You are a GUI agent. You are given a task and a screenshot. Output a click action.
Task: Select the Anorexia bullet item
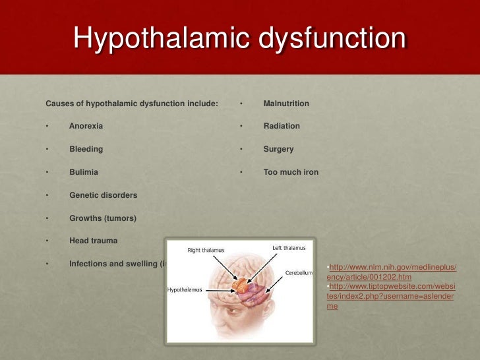coord(86,126)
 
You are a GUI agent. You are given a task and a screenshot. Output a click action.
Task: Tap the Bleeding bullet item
coord(86,149)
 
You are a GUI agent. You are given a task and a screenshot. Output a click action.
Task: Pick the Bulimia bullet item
coord(84,172)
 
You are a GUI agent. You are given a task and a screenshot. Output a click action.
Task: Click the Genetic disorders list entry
coord(103,195)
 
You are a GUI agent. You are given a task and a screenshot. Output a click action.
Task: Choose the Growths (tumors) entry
coord(103,218)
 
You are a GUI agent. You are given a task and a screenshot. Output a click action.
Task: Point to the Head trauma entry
coord(93,241)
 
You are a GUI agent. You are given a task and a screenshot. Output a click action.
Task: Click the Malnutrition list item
coord(286,104)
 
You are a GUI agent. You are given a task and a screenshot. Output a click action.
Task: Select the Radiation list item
coord(282,126)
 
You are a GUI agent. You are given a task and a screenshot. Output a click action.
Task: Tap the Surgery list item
coord(278,149)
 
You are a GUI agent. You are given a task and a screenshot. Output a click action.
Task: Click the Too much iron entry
coord(291,172)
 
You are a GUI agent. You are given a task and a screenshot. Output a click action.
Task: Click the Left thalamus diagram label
coord(289,248)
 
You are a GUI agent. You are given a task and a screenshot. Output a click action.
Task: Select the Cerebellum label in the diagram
coord(299,272)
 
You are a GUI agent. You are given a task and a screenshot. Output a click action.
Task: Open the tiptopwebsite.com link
coord(391,292)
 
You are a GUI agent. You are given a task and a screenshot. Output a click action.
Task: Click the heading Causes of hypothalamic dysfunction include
coord(131,104)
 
